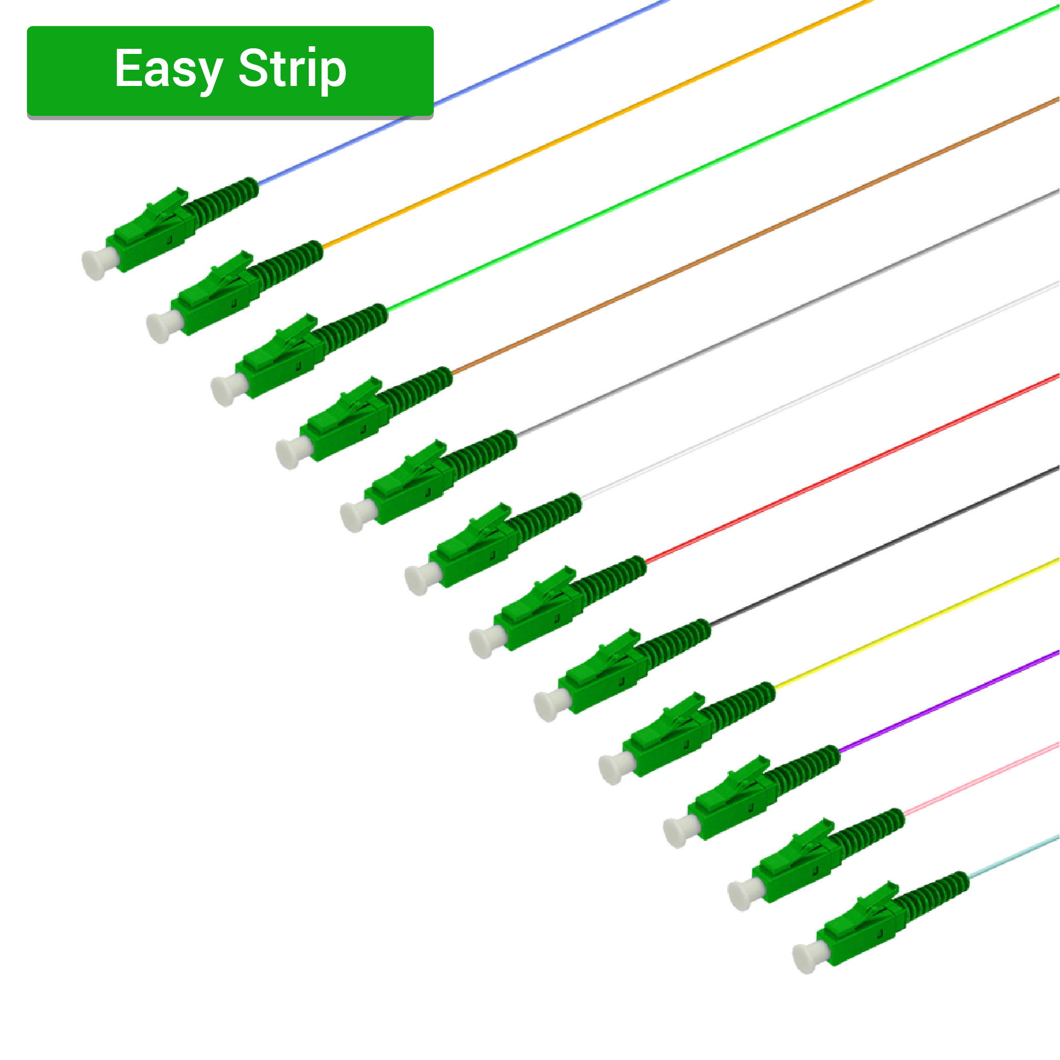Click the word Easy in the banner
[168, 69]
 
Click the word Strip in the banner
[292, 69]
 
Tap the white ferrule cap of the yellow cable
[615, 768]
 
